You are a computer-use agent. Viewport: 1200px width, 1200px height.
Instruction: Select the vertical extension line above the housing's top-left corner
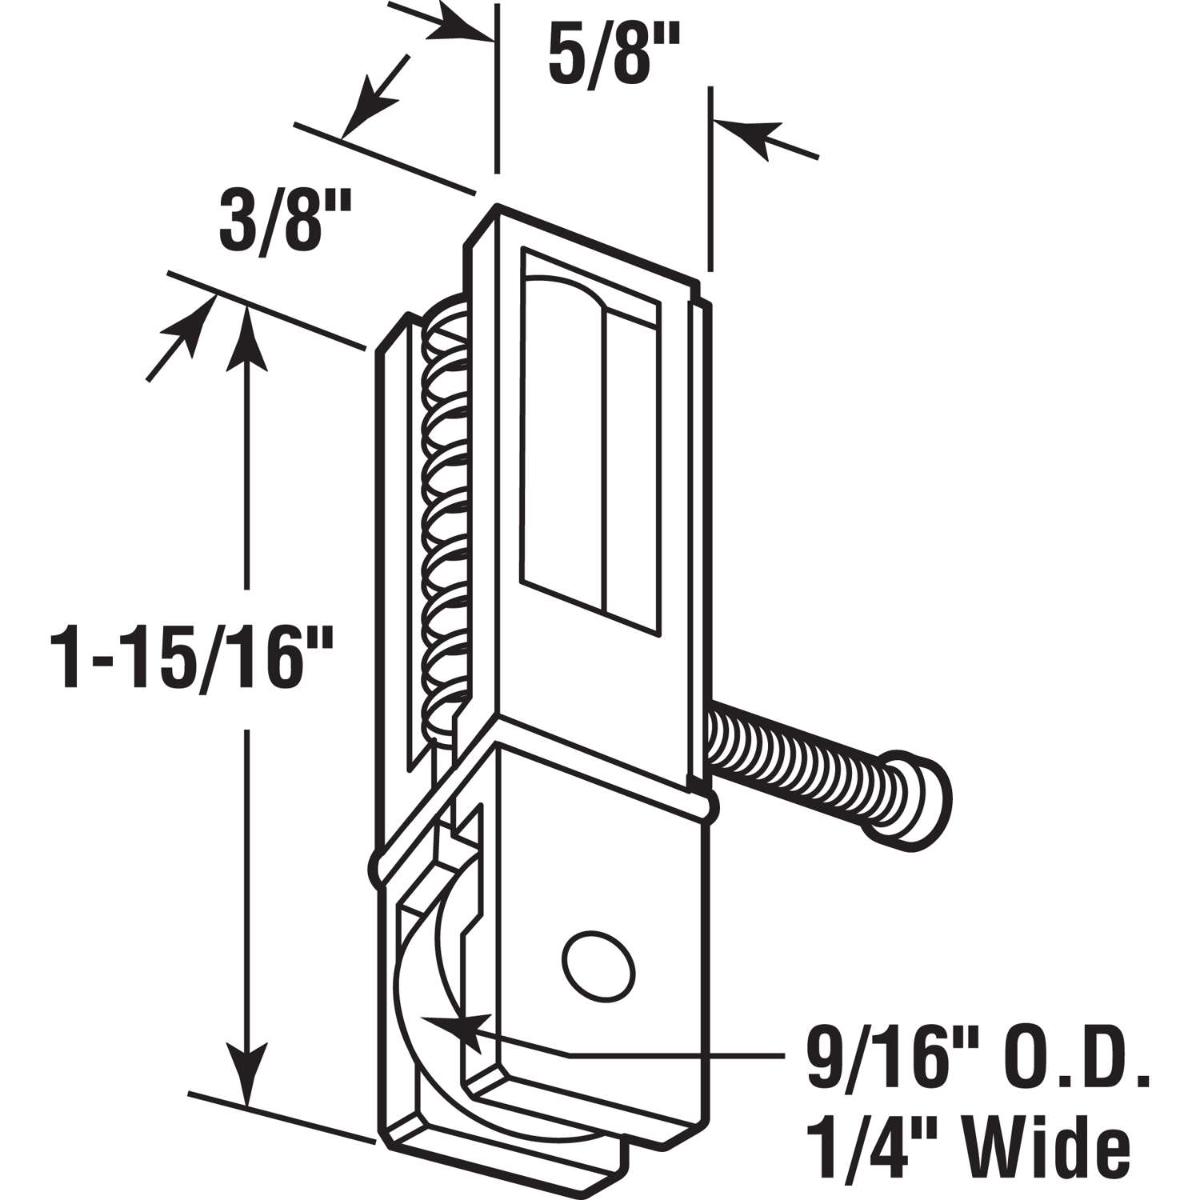pos(497,88)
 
